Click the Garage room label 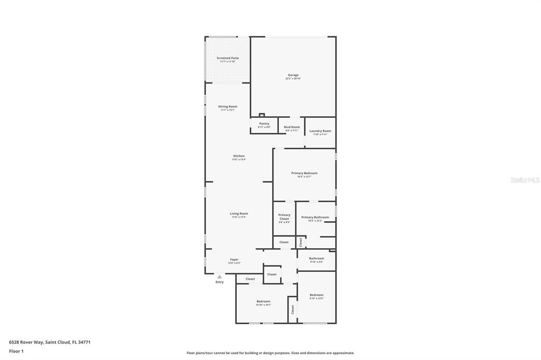coord(293,75)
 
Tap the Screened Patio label coord(228,58)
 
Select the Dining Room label coord(228,107)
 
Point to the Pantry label coord(264,124)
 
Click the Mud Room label coord(292,127)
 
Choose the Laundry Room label coord(320,131)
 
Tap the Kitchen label coord(239,156)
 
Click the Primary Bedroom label coord(304,173)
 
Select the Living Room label coord(239,214)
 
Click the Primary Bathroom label coord(315,217)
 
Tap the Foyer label coord(234,260)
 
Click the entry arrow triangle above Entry coord(219,276)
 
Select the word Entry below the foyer coord(219,282)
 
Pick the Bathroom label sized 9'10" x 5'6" coord(316,259)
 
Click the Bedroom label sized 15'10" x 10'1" coord(263,301)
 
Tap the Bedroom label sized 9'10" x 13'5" coord(316,295)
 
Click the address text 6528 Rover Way coord(50,342)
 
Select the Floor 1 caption coord(16,351)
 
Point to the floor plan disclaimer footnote coord(270,353)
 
